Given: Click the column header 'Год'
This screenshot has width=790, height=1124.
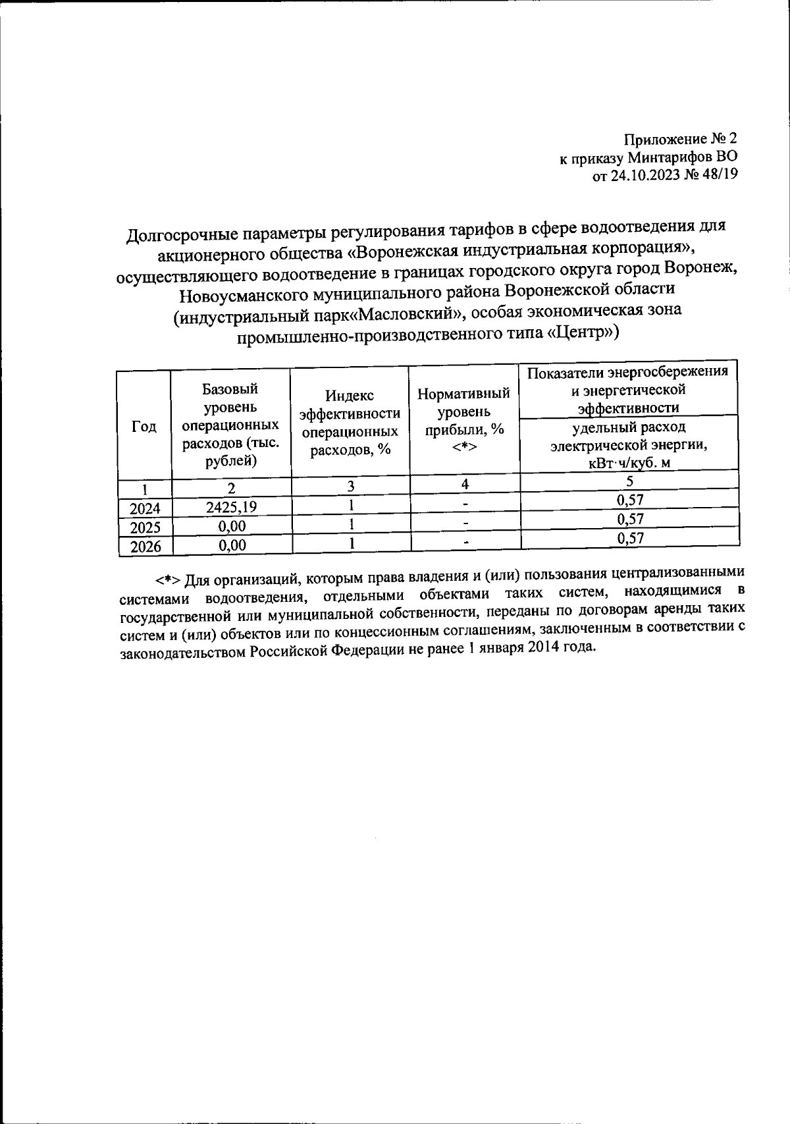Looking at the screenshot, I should click(144, 427).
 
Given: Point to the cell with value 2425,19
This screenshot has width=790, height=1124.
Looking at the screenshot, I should click(231, 506).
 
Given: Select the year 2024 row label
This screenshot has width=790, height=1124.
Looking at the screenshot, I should click(145, 508).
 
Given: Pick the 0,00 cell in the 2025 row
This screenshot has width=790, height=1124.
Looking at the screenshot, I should click(232, 525).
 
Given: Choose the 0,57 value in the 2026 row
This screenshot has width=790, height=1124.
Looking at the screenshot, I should click(629, 539).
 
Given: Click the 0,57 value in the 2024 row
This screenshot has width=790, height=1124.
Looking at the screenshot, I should click(629, 500).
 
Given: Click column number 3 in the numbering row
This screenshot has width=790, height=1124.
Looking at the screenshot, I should click(352, 486).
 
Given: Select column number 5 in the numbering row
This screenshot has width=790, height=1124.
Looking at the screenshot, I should click(629, 481).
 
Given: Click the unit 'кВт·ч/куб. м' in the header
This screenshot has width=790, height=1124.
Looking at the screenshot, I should click(629, 463).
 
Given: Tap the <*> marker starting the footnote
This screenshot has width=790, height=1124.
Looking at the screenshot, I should click(169, 580).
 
